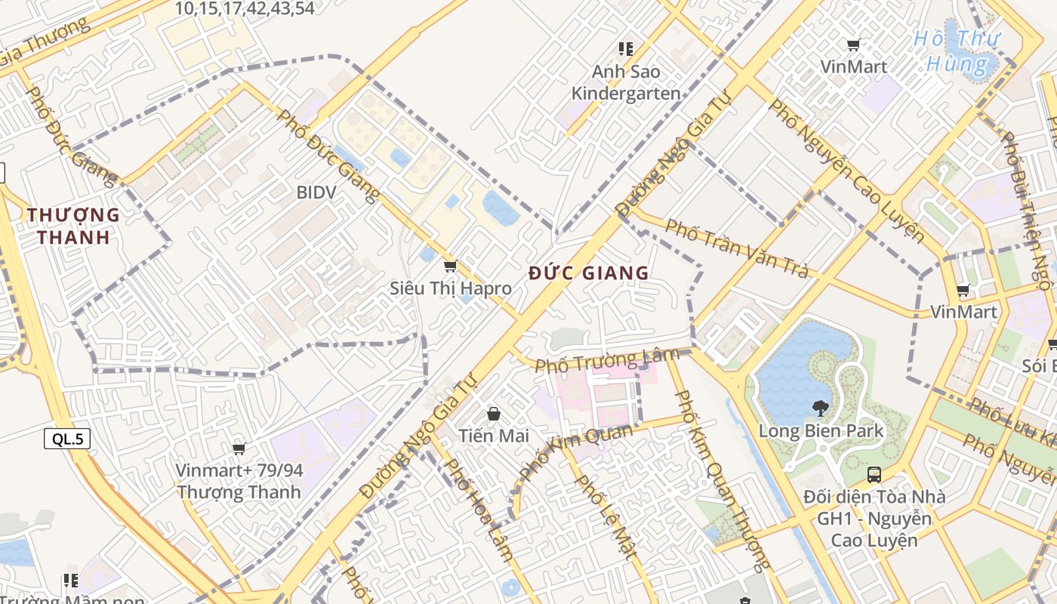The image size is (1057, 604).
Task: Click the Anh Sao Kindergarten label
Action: coord(626,83)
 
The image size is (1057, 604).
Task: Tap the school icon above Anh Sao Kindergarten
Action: coord(626,49)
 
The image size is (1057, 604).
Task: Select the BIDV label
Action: coord(316,193)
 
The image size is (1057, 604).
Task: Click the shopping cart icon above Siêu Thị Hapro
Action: coord(451,266)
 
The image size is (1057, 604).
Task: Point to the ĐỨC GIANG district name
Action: coord(589,273)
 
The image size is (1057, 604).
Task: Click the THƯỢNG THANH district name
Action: coord(74,226)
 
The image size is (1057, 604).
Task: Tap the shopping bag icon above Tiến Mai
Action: coord(494,414)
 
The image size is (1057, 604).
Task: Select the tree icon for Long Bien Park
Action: coord(820,408)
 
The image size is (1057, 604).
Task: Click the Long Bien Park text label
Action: coord(821,432)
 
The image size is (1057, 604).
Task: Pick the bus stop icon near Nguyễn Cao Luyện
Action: coord(874,475)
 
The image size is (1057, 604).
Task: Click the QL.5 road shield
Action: coord(67,439)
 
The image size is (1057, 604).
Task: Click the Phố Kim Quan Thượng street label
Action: coord(720,479)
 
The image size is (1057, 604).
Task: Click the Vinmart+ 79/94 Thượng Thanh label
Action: coord(239,481)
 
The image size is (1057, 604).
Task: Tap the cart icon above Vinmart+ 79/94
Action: coord(239,449)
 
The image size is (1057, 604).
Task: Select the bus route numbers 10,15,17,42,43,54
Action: coord(245,9)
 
